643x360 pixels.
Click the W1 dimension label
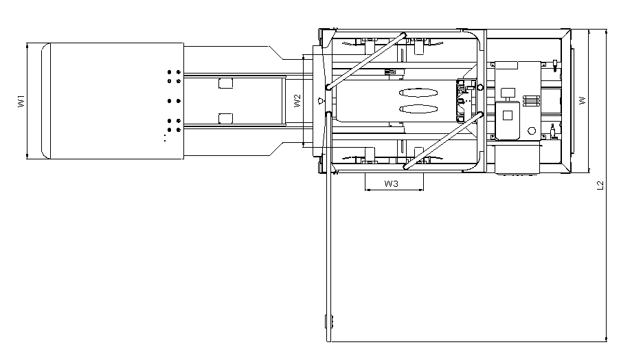tap(21, 101)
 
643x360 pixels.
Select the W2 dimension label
tap(297, 101)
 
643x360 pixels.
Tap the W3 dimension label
tap(391, 183)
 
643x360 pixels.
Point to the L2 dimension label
tap(600, 185)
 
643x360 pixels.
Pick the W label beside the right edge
tap(583, 100)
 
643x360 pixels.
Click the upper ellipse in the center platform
tap(418, 93)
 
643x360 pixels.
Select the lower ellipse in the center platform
tap(418, 109)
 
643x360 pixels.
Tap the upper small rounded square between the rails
tap(225, 83)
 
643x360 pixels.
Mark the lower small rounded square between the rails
tap(225, 118)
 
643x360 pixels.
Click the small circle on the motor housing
tap(532, 131)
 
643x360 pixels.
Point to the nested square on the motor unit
tap(507, 115)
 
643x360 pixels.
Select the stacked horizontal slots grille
tap(532, 101)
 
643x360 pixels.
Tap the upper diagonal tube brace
tap(366, 60)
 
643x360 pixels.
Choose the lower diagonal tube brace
tap(443, 141)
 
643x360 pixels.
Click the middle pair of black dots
tap(174, 101)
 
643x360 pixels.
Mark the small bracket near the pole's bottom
tap(329, 322)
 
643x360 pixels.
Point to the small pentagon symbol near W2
tap(321, 100)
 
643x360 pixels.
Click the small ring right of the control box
tap(481, 87)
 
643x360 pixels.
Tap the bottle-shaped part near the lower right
tap(553, 131)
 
